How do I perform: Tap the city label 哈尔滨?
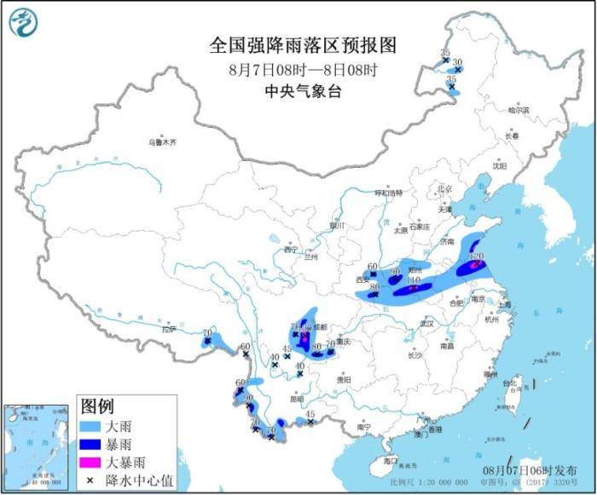click(519, 110)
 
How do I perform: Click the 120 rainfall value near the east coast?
click(477, 256)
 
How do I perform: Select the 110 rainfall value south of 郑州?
click(414, 280)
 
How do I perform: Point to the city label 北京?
click(443, 189)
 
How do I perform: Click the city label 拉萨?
click(168, 329)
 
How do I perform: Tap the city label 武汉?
click(427, 324)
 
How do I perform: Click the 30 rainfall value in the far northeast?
click(457, 62)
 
